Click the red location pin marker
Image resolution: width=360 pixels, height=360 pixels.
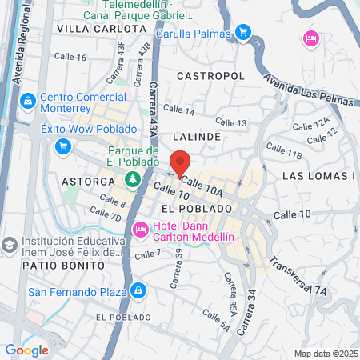click(x=180, y=163)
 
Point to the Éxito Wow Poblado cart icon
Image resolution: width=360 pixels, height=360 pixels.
click(x=62, y=146)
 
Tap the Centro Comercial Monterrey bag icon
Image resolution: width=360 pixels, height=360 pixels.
click(x=28, y=101)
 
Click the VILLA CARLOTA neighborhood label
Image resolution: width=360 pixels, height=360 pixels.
click(x=101, y=28)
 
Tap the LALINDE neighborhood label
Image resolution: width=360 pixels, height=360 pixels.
click(x=197, y=137)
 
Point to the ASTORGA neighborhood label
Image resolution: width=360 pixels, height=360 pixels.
click(x=89, y=182)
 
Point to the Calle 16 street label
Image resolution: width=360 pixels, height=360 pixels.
click(x=70, y=58)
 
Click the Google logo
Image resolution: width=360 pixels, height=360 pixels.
click(x=26, y=350)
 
